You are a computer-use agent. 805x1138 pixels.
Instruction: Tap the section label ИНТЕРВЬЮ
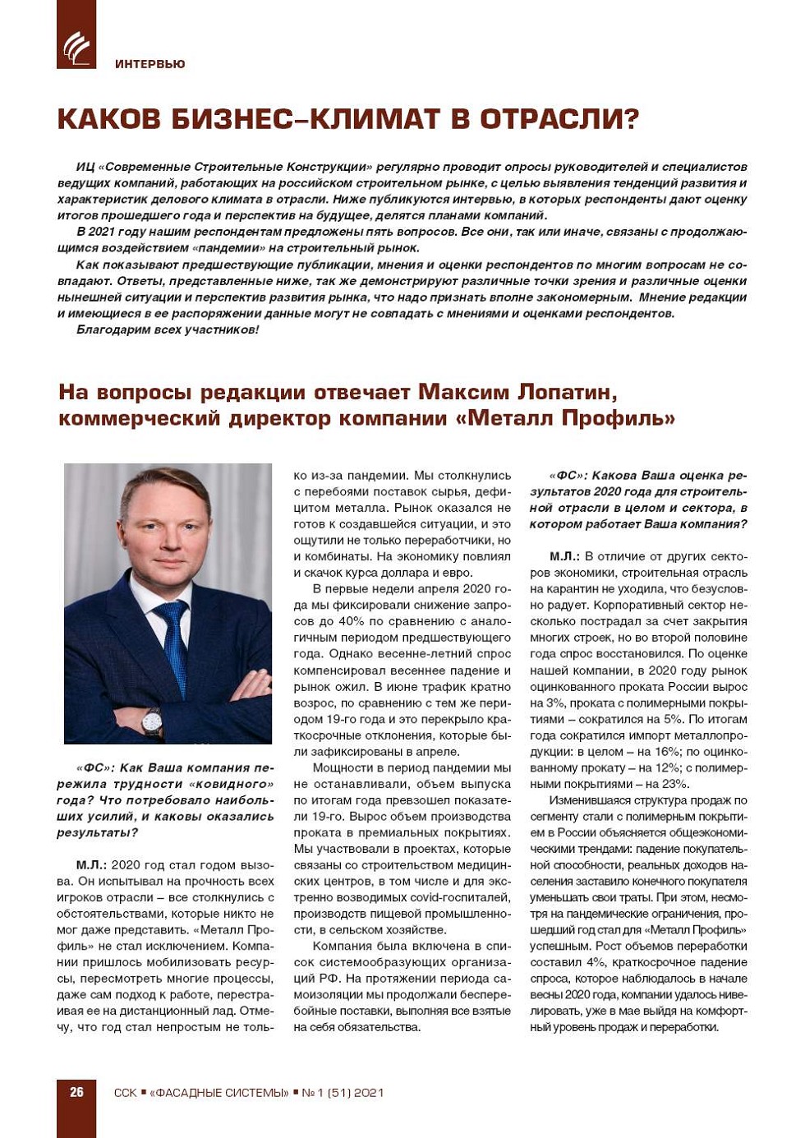pos(150,64)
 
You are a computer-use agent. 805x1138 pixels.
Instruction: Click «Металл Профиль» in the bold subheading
pos(565,418)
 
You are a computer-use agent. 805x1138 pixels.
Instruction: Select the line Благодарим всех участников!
pos(168,329)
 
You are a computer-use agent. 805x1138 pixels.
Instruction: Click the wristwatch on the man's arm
pos(151,721)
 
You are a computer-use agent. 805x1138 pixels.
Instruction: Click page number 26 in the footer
pos(76,1092)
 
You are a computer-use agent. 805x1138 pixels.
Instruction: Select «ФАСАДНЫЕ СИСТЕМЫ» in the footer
pos(219,1093)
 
